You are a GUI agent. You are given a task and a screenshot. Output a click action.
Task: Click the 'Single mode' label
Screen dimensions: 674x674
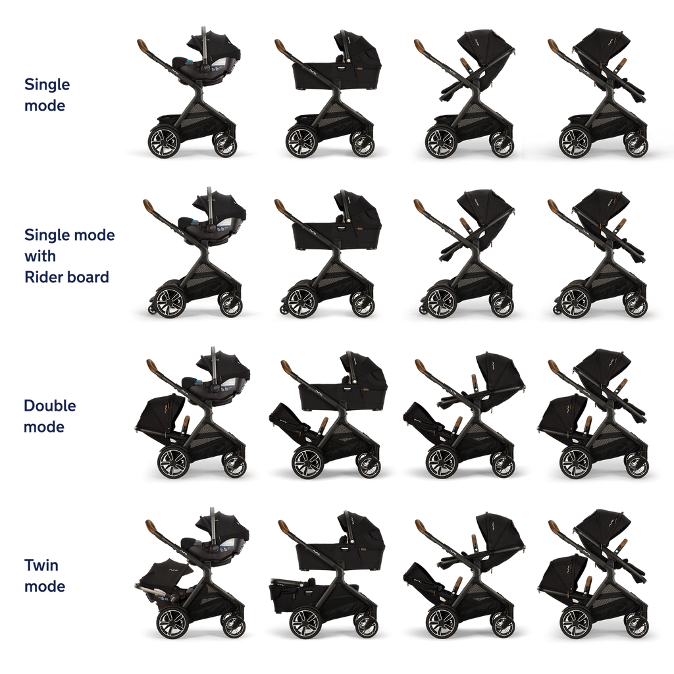point(47,95)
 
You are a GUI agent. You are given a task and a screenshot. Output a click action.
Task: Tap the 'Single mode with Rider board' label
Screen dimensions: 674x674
point(70,256)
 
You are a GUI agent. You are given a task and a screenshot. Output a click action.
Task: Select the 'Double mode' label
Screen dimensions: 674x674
point(50,416)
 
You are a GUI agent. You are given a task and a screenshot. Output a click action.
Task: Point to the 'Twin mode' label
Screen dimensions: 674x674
point(45,575)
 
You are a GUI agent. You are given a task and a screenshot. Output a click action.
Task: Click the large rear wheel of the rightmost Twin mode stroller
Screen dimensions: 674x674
point(576,623)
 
